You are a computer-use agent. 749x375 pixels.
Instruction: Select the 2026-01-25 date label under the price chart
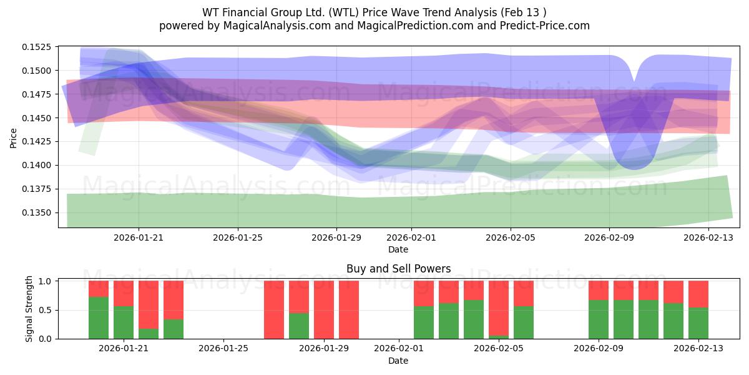click(x=237, y=237)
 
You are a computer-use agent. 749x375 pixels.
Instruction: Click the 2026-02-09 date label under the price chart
click(x=609, y=237)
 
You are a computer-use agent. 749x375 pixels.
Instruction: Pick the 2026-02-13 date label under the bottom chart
click(x=698, y=348)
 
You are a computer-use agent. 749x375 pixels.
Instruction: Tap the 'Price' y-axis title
click(x=14, y=137)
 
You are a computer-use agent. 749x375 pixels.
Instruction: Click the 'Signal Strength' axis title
click(x=29, y=309)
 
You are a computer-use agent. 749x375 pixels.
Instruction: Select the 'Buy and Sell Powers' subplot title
click(x=398, y=269)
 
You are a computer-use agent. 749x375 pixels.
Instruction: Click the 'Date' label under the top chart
click(x=398, y=249)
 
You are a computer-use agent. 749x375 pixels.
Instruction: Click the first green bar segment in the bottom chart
click(x=99, y=317)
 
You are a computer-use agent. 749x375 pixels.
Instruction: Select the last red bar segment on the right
click(x=698, y=294)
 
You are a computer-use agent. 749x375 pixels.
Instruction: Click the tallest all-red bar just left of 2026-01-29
click(x=324, y=309)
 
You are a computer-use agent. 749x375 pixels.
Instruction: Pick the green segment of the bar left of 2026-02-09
click(x=599, y=319)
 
